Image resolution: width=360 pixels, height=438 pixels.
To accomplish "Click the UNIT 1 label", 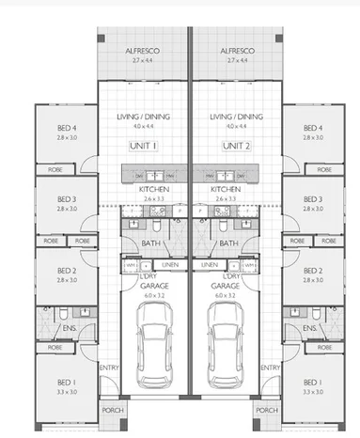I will click(144, 146).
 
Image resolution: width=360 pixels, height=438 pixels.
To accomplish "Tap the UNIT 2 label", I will click(236, 146).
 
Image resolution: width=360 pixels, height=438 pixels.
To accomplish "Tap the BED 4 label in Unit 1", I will click(66, 128).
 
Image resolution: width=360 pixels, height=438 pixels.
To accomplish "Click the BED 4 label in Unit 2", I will click(314, 128).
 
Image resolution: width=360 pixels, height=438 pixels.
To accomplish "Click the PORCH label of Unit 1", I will click(112, 411).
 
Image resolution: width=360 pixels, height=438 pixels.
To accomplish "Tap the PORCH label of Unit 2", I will click(267, 411).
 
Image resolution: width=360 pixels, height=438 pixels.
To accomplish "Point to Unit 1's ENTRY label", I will click(109, 367).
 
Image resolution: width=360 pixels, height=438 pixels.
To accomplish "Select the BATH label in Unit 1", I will click(150, 243).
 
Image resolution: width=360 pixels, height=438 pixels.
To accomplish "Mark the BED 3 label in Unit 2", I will click(314, 199).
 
